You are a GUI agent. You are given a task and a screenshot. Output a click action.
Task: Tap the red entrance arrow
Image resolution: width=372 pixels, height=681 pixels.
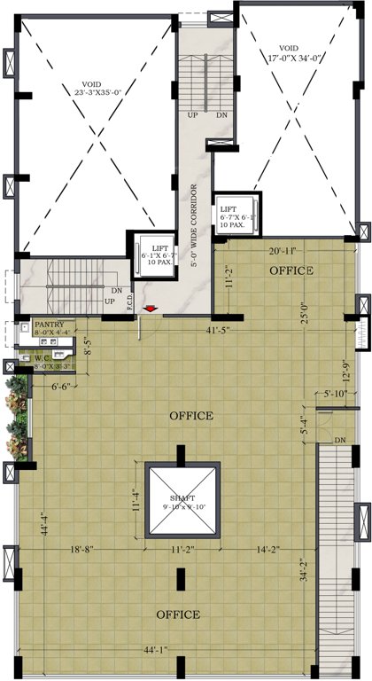point(151,309)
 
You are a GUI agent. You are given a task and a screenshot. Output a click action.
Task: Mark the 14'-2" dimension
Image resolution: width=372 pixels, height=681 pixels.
point(265,551)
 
